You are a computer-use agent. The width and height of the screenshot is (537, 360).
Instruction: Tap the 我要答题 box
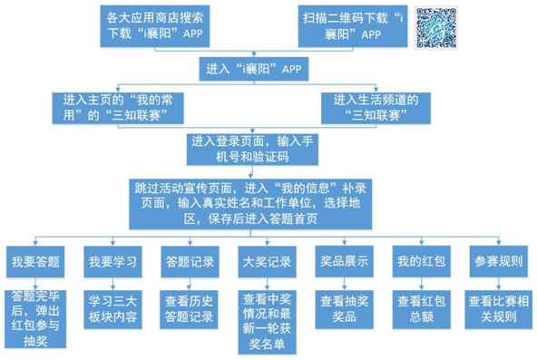pyautogui.click(x=35, y=262)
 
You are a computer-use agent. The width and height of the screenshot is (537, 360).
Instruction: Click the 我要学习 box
pyautogui.click(x=112, y=262)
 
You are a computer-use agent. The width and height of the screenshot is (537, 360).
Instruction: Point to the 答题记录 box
pyautogui.click(x=189, y=262)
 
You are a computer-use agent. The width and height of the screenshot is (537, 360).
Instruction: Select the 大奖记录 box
pyautogui.click(x=267, y=262)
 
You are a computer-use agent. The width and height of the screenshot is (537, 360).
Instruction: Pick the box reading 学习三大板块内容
pyautogui.click(x=112, y=308)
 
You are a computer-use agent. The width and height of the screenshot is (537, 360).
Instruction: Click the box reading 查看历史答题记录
pyautogui.click(x=189, y=308)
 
